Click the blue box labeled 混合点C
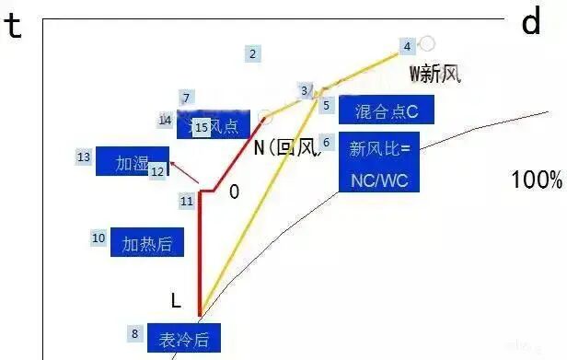tap(386, 111)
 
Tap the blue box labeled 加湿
tap(132, 163)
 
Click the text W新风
tap(434, 73)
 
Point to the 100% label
tap(536, 180)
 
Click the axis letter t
tap(14, 25)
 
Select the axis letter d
tap(531, 22)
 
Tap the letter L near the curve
tap(176, 300)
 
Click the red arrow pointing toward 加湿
tap(187, 172)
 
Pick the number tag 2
tap(252, 53)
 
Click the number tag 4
tap(408, 45)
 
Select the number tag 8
tap(134, 333)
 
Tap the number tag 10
tap(98, 238)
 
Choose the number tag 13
tap(84, 157)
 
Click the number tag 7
tap(186, 98)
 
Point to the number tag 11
tap(187, 200)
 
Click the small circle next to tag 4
tap(427, 43)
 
